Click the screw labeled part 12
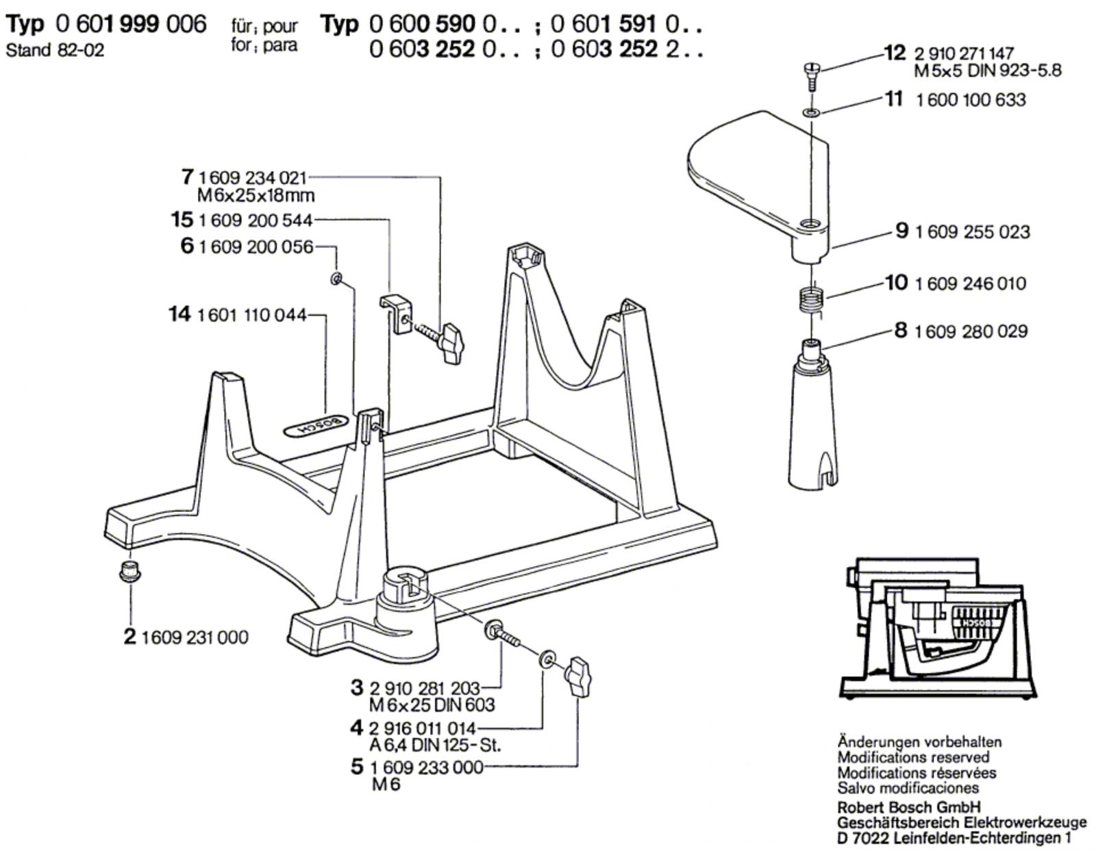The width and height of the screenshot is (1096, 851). pyautogui.click(x=811, y=75)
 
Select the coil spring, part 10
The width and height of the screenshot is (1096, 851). pyautogui.click(x=812, y=301)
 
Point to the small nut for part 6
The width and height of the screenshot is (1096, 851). pyautogui.click(x=336, y=278)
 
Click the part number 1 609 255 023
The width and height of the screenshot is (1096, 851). pyautogui.click(x=972, y=232)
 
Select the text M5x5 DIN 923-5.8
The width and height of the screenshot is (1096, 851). pyautogui.click(x=988, y=71)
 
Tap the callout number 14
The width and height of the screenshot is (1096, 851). pyautogui.click(x=179, y=314)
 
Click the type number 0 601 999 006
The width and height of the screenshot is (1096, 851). pyautogui.click(x=132, y=24)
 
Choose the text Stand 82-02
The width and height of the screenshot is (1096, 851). pyautogui.click(x=55, y=50)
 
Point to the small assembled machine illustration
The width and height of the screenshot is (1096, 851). pyautogui.click(x=938, y=630)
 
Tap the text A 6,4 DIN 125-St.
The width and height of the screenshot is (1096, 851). pyautogui.click(x=435, y=745)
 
